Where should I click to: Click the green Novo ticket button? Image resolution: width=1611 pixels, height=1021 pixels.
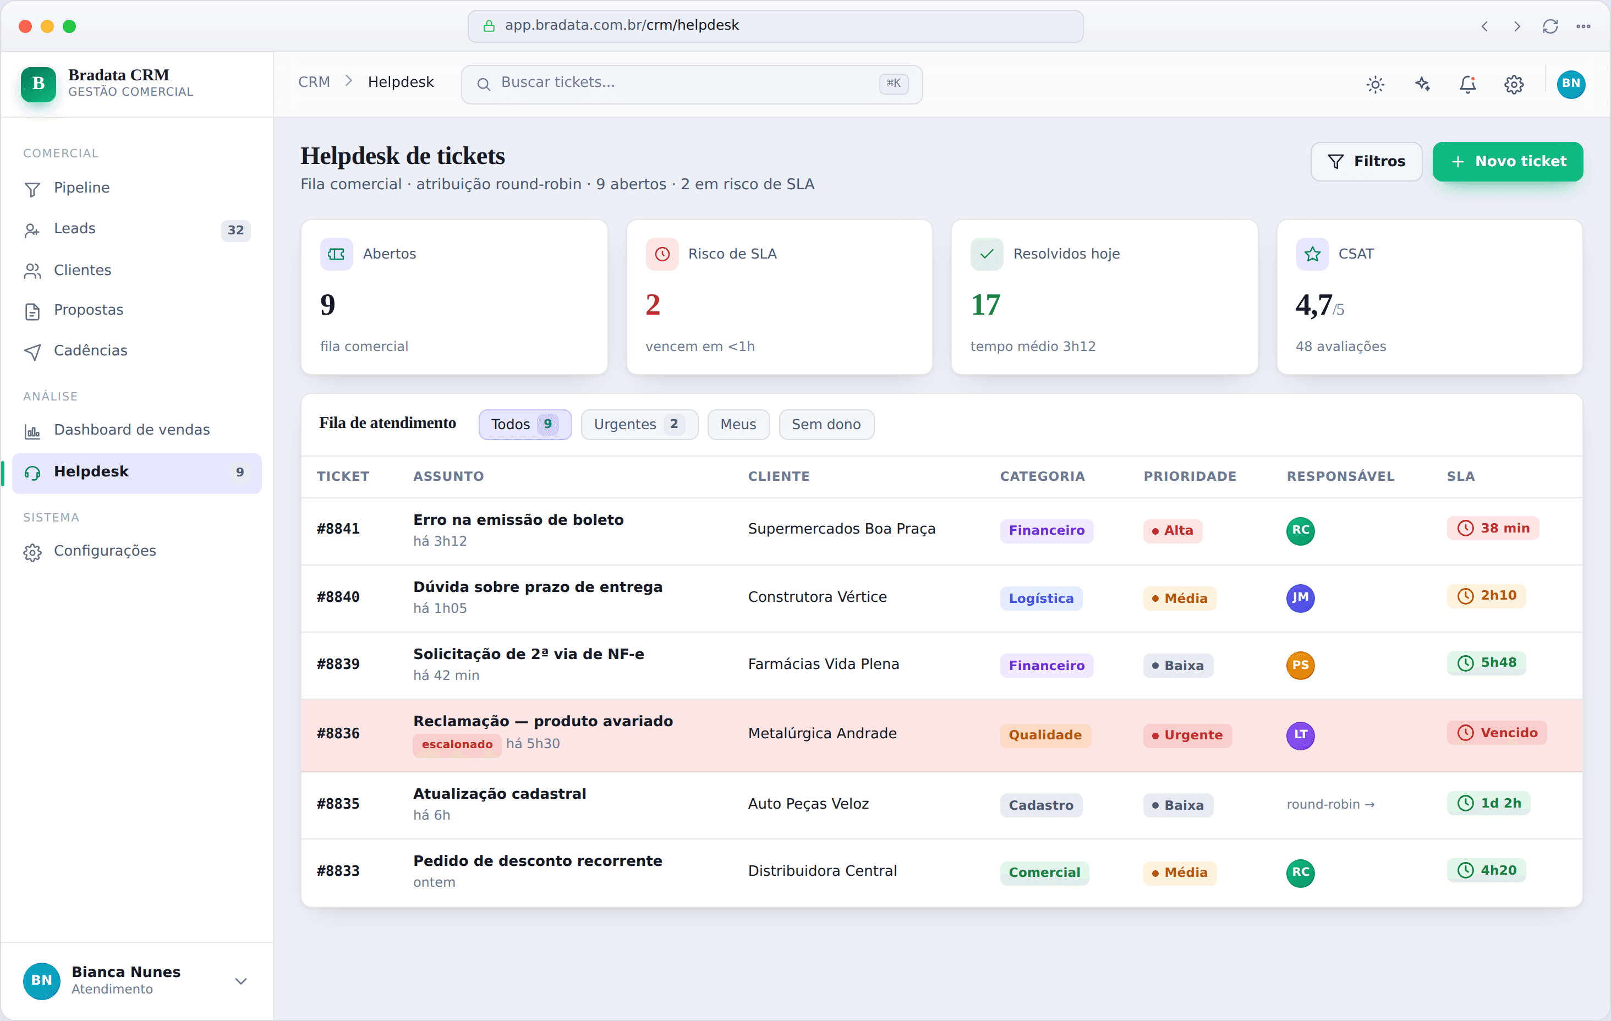click(x=1508, y=161)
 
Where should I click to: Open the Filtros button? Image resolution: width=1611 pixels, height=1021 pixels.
click(x=1366, y=161)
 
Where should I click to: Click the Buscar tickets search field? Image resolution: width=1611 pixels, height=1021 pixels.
click(x=692, y=84)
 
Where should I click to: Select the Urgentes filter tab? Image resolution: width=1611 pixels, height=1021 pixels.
click(x=639, y=424)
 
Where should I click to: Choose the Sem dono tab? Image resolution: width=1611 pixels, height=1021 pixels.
click(x=826, y=424)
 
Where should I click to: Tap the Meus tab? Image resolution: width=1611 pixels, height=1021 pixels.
click(x=738, y=424)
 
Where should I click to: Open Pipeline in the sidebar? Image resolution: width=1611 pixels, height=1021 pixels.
click(x=81, y=188)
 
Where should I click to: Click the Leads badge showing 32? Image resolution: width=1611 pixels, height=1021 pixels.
click(x=235, y=229)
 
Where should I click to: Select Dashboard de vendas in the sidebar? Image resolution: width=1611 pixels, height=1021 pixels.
click(x=132, y=430)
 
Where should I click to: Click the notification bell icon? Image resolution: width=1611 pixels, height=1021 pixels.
click(x=1467, y=84)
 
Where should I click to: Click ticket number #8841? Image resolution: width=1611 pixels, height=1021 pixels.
click(x=338, y=529)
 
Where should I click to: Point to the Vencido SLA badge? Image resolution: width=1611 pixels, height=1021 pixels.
click(x=1497, y=733)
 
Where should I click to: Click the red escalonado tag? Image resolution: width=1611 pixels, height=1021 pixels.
click(x=457, y=744)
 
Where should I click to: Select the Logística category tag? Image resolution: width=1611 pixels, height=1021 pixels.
click(x=1041, y=598)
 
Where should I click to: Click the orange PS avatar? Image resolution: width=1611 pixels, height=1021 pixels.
click(x=1300, y=665)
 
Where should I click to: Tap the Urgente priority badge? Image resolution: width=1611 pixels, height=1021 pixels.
click(x=1187, y=734)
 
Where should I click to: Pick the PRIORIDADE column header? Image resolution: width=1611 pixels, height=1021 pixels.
click(x=1190, y=476)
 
